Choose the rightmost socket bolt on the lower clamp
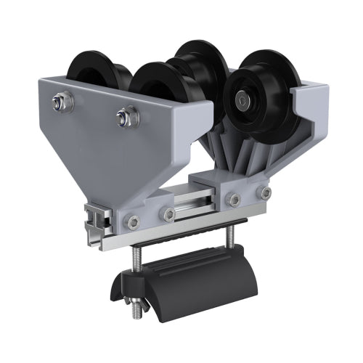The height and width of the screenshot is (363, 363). coord(266,192)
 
